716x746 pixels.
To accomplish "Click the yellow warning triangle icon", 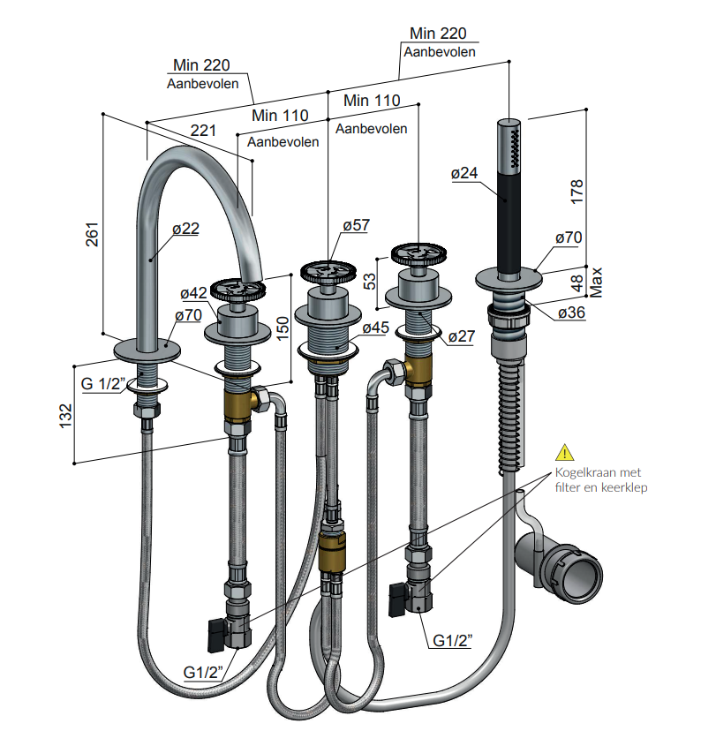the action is (x=565, y=452).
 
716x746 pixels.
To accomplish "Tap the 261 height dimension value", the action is (x=92, y=234).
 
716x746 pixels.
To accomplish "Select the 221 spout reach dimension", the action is (x=203, y=131).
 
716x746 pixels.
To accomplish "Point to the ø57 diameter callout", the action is (x=357, y=225).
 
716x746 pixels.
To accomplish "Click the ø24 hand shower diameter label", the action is (x=464, y=173).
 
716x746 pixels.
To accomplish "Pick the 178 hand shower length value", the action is (x=577, y=192).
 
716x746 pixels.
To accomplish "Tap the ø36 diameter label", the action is (x=571, y=313).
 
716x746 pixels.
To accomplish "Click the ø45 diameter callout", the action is (x=376, y=328).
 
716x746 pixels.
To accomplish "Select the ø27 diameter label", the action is (x=462, y=336).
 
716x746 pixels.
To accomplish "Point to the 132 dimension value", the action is (x=66, y=415).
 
